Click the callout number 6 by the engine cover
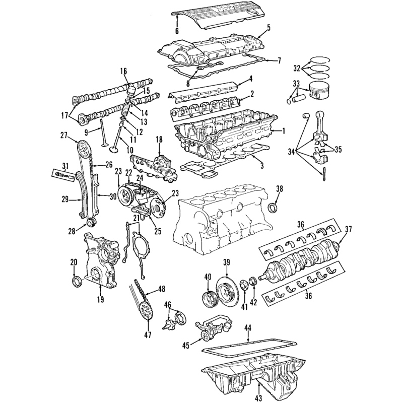click(177, 31)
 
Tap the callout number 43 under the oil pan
click(259, 398)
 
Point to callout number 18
click(159, 140)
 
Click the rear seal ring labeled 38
click(273, 208)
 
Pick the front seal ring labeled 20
click(77, 281)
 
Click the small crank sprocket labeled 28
click(91, 222)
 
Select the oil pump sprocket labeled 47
click(146, 311)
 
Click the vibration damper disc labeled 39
click(228, 291)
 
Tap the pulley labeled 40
click(210, 300)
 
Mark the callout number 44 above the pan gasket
click(248, 328)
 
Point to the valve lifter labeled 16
click(131, 90)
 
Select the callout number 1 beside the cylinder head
click(284, 131)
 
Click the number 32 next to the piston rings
click(297, 69)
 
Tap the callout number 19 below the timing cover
click(101, 299)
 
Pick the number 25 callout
click(157, 231)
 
